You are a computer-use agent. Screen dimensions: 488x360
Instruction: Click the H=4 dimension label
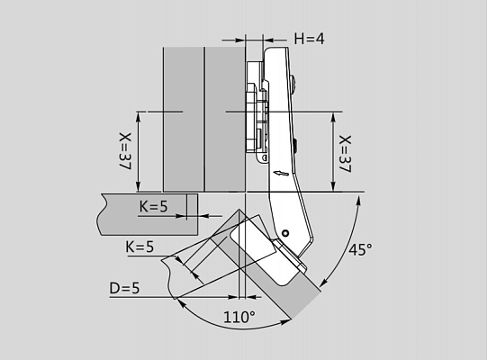click(x=309, y=39)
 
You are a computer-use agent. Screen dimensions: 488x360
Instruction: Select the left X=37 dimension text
click(x=125, y=151)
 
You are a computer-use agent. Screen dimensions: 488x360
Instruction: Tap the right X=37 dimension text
click(x=345, y=154)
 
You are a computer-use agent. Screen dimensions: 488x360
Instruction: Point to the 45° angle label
click(x=360, y=249)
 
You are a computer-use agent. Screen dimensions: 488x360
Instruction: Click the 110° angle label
click(x=239, y=317)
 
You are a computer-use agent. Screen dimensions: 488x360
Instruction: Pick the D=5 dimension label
click(x=124, y=288)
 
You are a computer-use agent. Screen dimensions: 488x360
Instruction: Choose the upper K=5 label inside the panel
click(x=153, y=206)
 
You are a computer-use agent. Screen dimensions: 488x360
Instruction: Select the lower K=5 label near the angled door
click(x=140, y=247)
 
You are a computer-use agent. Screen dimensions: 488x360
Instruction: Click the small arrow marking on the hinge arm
click(x=281, y=174)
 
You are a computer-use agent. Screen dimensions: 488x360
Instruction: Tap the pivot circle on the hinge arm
click(x=285, y=233)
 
